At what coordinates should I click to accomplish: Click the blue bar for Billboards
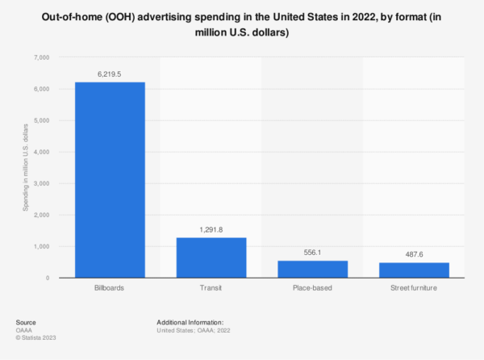pos(111,180)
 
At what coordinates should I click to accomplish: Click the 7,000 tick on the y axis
pos(40,57)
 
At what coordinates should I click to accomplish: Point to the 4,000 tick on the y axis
pos(40,152)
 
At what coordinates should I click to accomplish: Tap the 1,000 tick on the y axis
pos(40,246)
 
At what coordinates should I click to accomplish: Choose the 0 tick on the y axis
pos(48,278)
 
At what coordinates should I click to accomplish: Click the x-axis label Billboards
pos(111,288)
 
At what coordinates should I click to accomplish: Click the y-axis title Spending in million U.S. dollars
pos(26,167)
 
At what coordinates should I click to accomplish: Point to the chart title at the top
pos(242,25)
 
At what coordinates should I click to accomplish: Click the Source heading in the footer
pos(26,321)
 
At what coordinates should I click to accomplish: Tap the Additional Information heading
pos(190,321)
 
